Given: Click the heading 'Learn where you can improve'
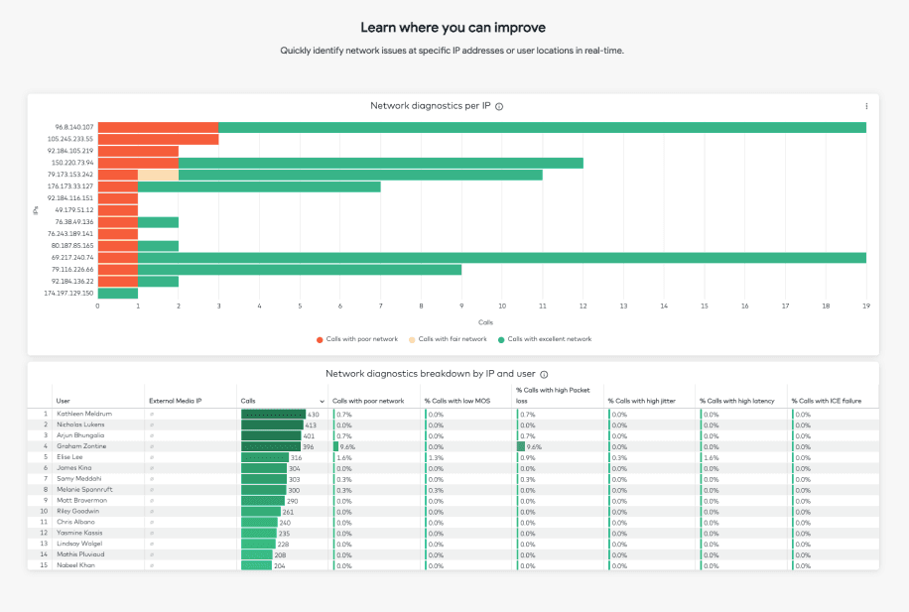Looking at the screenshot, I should pos(453,28).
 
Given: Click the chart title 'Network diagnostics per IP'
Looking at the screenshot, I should pos(431,106).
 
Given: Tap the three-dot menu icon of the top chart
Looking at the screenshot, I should pos(866,106).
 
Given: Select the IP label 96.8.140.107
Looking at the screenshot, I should pos(74,127).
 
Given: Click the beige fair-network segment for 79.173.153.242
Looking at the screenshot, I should pos(158,175).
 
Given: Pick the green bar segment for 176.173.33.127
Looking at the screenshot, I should pos(259,186).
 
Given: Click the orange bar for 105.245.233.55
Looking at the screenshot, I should pos(158,139).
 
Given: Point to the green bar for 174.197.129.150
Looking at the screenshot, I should pos(118,293).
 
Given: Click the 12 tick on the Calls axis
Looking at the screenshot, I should pos(583,306).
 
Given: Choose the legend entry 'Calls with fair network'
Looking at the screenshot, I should pos(453,339).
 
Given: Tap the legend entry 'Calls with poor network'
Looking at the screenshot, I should pos(360,339).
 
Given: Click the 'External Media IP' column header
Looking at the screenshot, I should pos(175,401).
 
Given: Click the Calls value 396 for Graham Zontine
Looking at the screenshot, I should pos(310,446).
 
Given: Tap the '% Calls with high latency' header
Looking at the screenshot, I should pos(735,401).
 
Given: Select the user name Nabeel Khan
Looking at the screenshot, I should pos(75,565).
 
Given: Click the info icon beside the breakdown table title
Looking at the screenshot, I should pos(544,374).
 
